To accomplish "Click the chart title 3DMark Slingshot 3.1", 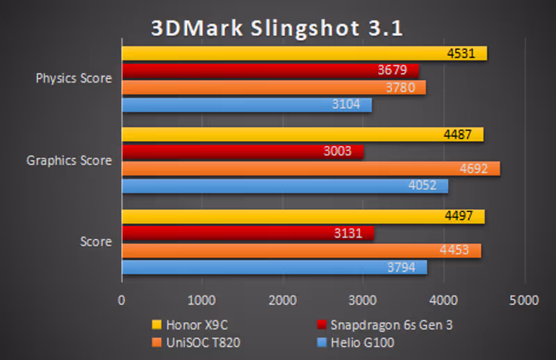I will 277,28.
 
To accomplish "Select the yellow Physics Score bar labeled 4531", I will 304,54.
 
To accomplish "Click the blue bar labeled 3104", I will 247,105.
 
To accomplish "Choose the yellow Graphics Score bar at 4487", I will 302,135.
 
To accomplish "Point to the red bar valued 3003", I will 243,152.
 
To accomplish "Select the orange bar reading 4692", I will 311,169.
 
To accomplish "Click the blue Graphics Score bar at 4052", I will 285,186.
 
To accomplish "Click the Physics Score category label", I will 74,79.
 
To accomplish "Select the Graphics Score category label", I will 69,161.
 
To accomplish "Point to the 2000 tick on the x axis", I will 282,301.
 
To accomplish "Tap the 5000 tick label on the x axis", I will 523,301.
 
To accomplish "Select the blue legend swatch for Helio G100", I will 322,341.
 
